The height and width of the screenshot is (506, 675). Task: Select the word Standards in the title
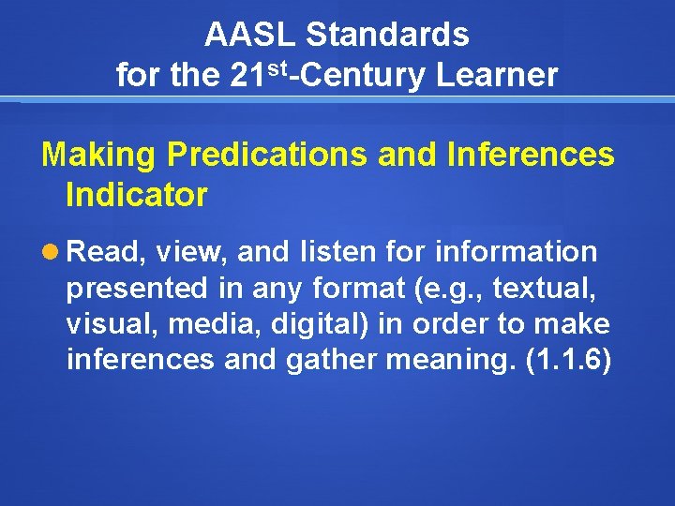click(387, 36)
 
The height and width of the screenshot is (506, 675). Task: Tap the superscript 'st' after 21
click(274, 67)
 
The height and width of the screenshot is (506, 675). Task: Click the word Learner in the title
click(497, 75)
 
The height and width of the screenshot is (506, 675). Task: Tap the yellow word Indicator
click(137, 195)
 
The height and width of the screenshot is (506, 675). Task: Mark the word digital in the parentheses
click(315, 324)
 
